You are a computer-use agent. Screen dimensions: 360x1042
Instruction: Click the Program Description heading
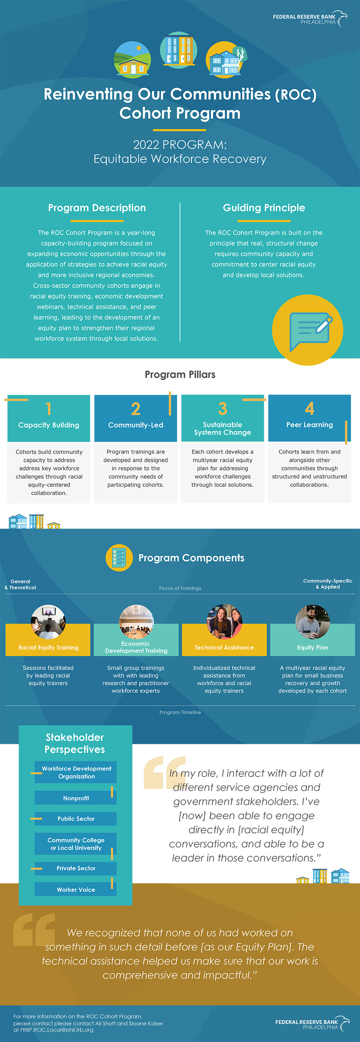(97, 208)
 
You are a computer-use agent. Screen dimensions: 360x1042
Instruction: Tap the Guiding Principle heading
(264, 208)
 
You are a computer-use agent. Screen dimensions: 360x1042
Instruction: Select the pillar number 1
(49, 409)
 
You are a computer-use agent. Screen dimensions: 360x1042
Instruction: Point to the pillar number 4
(310, 408)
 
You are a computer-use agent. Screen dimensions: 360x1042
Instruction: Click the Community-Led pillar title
(136, 425)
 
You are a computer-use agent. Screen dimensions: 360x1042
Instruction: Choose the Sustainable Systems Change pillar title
(223, 428)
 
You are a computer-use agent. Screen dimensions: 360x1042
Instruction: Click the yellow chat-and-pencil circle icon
(308, 330)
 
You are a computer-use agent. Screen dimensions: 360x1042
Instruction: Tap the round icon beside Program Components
(119, 558)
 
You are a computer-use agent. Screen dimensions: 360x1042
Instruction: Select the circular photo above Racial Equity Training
(48, 622)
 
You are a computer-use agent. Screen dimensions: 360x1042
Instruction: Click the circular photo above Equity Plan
(313, 622)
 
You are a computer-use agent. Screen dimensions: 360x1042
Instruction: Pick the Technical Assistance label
(224, 648)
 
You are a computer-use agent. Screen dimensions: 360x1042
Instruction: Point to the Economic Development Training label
(136, 647)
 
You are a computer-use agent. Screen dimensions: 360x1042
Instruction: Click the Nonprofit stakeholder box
(76, 798)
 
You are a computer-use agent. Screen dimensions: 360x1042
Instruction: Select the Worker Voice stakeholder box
(76, 889)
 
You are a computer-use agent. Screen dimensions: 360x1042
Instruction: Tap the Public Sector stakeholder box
(76, 819)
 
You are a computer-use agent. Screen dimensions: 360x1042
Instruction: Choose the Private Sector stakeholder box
(76, 868)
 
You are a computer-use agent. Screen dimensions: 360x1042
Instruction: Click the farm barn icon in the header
(132, 60)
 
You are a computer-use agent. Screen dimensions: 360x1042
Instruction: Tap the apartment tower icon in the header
(179, 51)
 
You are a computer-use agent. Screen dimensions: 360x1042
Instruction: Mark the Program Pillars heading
(180, 374)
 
